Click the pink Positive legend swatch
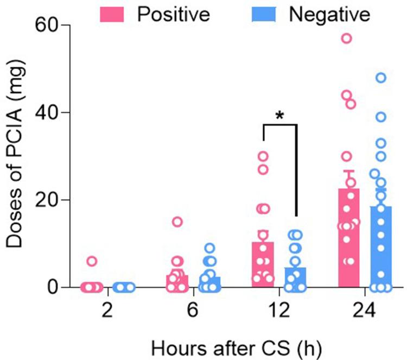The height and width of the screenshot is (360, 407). click(112, 12)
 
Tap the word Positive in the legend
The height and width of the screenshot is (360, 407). click(173, 12)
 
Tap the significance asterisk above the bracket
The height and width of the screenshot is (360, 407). click(280, 116)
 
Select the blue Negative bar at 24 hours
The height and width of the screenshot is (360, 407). click(381, 247)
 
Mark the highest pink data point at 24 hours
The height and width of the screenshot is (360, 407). click(346, 38)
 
